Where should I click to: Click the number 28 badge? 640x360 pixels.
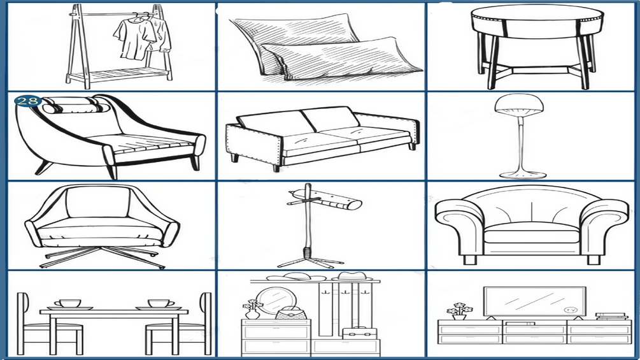tap(27, 101)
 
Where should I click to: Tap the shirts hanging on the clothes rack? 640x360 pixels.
tap(141, 38)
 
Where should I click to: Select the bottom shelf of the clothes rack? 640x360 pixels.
tap(119, 75)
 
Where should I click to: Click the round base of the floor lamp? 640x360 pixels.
tap(523, 175)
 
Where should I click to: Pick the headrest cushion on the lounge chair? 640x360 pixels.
tap(76, 106)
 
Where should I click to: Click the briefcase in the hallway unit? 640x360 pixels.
tap(359, 332)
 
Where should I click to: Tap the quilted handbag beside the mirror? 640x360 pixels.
tap(290, 313)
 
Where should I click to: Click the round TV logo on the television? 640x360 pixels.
tap(570, 310)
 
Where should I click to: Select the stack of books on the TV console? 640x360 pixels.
tap(611, 316)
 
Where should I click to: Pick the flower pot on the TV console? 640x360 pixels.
tap(459, 312)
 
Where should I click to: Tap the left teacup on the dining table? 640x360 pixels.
tap(70, 304)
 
